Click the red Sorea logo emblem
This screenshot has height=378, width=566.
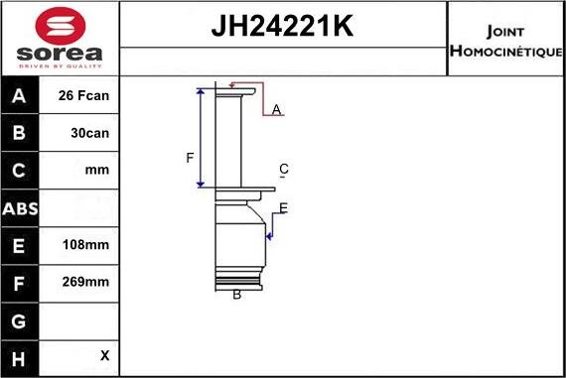tap(61, 26)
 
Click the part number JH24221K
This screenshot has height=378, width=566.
tap(282, 26)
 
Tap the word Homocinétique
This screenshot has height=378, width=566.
tap(505, 51)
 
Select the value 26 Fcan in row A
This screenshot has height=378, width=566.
tap(83, 95)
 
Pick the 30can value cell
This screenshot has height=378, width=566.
tap(90, 133)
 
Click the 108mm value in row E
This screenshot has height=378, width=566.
tap(85, 245)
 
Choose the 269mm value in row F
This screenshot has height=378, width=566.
tap(85, 282)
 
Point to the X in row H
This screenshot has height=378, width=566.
tap(104, 355)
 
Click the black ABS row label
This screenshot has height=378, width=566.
tap(20, 208)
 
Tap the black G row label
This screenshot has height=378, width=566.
tap(19, 321)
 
